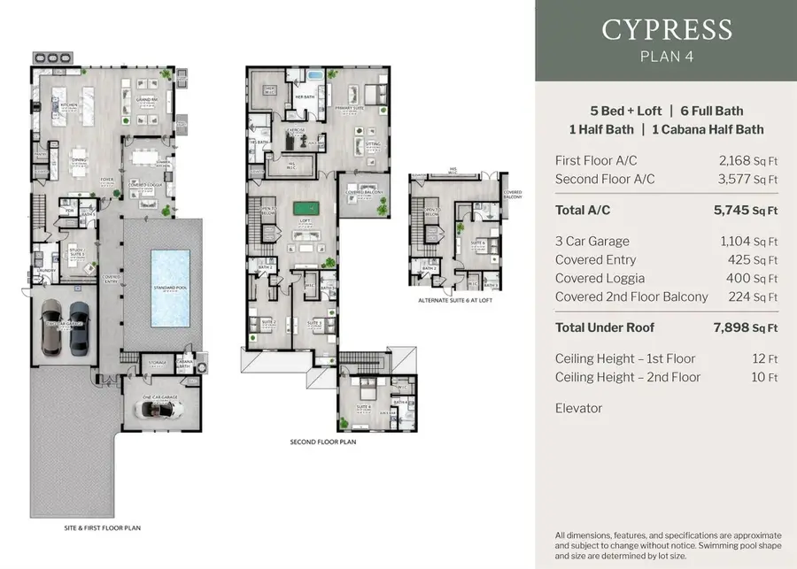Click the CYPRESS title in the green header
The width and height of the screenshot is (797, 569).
tap(666, 29)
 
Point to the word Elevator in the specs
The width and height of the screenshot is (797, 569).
tap(578, 408)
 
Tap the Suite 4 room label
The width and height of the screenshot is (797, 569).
tap(363, 406)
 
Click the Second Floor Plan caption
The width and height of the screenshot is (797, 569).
tap(323, 441)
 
